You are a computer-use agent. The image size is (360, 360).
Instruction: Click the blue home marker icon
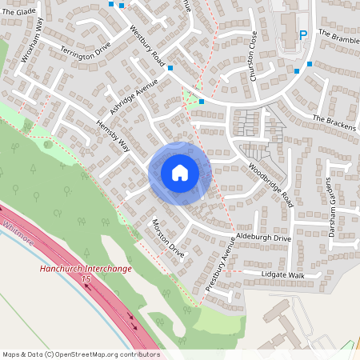(179, 173)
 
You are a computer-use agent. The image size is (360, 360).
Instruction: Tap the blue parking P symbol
(302, 34)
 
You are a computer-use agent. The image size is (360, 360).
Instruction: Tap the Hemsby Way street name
(113, 135)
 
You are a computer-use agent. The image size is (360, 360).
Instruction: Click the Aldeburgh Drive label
(263, 238)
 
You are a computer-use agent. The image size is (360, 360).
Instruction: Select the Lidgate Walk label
(283, 274)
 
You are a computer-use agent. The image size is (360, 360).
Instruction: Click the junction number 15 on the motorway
(85, 278)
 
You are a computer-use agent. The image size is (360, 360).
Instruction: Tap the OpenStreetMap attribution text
(81, 354)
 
